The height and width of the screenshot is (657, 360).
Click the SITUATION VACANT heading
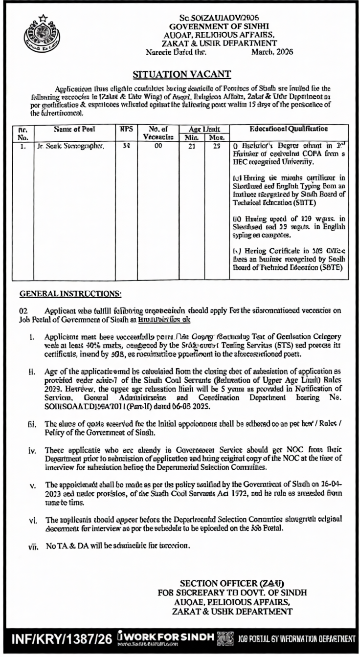pyautogui.click(x=182, y=74)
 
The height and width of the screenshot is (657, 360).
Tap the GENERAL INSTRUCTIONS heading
pyautogui.click(x=70, y=293)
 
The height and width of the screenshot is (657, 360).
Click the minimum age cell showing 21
pyautogui.click(x=193, y=146)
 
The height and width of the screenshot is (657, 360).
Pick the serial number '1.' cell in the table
pyautogui.click(x=22, y=146)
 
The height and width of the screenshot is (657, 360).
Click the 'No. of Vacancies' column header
pyautogui.click(x=157, y=133)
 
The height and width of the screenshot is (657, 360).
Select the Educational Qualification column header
pyautogui.click(x=289, y=130)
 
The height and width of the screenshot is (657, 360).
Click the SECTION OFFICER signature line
pyautogui.click(x=232, y=583)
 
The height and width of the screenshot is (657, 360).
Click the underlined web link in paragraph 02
pyautogui.click(x=160, y=318)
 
